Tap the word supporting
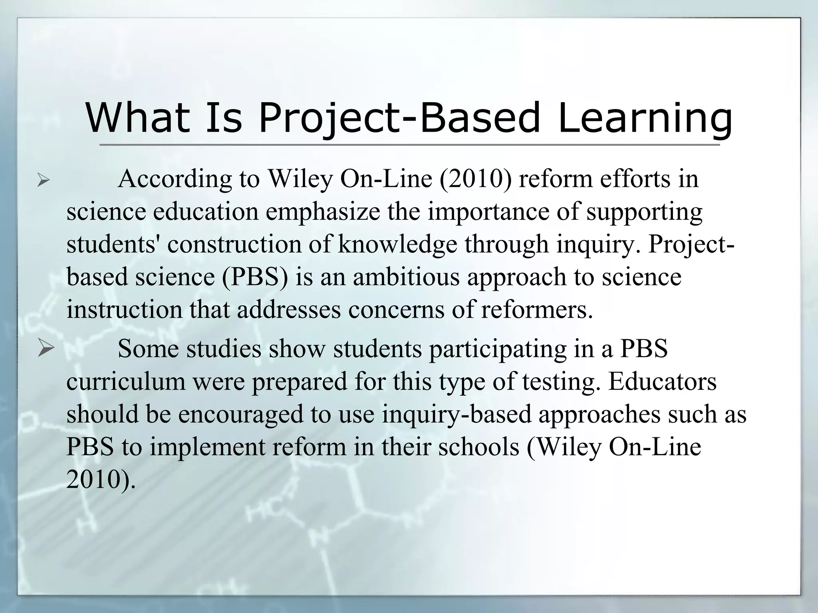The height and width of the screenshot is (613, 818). pyautogui.click(x=644, y=212)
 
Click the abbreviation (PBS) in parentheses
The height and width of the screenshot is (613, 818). pyautogui.click(x=255, y=277)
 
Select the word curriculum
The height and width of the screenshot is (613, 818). pyautogui.click(x=126, y=382)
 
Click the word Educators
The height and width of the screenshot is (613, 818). pyautogui.click(x=662, y=382)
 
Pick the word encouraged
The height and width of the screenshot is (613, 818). pyautogui.click(x=254, y=414)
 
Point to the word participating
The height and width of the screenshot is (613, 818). pyautogui.click(x=498, y=349)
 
